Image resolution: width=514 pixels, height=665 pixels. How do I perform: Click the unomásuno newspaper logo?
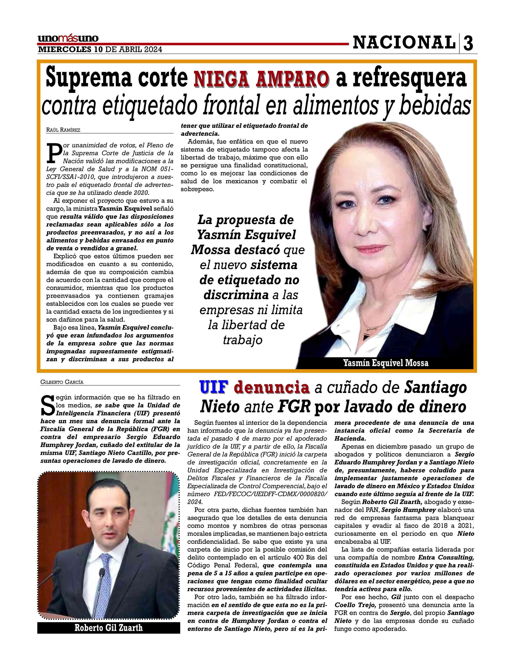[68, 39]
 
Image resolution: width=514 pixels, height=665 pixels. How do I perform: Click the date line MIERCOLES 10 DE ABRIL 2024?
[100, 50]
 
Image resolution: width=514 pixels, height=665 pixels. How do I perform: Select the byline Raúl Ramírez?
[63, 130]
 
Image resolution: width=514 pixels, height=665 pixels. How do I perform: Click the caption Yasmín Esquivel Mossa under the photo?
[385, 363]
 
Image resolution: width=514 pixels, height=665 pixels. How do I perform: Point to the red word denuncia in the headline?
[272, 388]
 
